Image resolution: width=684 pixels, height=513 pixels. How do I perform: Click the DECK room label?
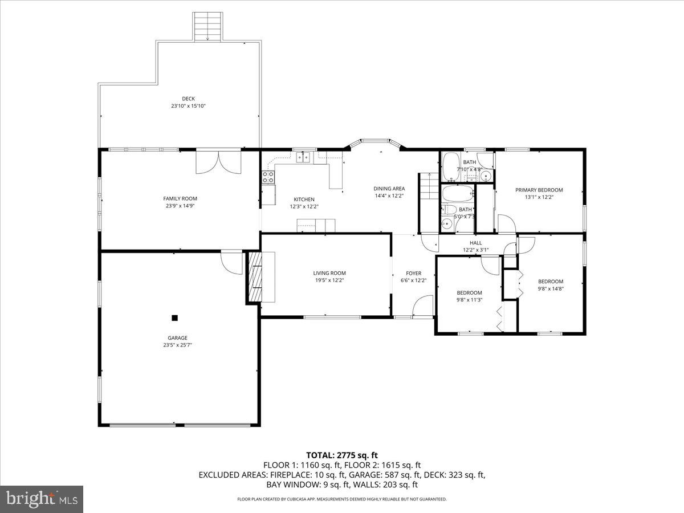188,99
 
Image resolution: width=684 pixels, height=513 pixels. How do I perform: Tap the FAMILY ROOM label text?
180,198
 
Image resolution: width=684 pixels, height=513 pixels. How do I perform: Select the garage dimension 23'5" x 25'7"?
177,345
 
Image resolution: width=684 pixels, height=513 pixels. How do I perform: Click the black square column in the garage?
175,318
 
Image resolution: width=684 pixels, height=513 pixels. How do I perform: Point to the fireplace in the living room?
256,277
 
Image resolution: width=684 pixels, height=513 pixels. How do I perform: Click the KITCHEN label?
304,199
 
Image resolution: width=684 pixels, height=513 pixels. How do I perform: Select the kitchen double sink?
303,157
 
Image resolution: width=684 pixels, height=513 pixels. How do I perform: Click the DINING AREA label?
389,189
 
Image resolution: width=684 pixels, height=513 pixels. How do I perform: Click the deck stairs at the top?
207,26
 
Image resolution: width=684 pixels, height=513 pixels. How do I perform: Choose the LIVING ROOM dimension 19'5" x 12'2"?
329,280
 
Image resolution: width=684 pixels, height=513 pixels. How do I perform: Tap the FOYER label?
413,273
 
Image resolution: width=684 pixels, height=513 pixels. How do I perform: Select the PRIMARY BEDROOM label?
539,190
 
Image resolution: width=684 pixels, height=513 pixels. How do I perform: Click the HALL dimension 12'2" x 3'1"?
475,250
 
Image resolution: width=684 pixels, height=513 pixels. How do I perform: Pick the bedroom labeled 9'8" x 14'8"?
551,288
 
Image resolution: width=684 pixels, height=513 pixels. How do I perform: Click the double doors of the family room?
218,162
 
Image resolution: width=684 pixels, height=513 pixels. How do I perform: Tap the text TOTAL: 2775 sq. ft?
342,455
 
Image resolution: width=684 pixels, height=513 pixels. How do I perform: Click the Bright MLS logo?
42,499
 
